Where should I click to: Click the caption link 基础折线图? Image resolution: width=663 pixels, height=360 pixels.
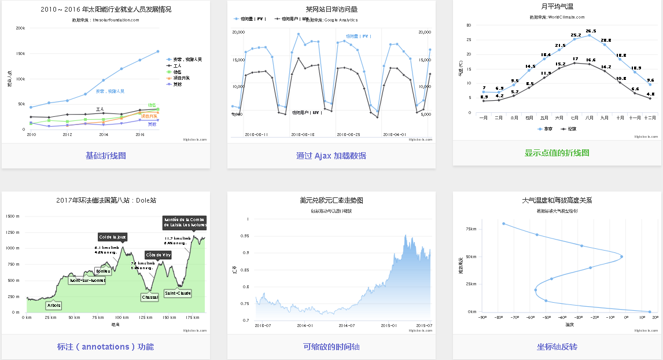click(106, 156)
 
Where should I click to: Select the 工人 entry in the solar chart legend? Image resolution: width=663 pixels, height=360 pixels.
click(178, 66)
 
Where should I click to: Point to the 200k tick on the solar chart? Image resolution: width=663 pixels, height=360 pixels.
click(20, 28)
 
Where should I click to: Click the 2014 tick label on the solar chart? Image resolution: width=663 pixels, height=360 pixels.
click(104, 134)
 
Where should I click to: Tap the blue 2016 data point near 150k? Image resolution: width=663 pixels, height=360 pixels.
click(139, 60)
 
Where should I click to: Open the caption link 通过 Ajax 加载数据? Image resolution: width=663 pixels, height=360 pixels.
click(331, 156)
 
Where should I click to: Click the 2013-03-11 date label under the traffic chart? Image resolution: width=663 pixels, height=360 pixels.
click(256, 134)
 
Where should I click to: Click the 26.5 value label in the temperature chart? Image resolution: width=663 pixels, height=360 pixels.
click(591, 31)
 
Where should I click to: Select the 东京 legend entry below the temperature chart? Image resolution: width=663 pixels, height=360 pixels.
click(545, 129)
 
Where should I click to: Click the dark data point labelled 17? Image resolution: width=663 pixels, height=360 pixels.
click(575, 63)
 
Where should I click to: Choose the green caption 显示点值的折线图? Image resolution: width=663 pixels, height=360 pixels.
click(557, 153)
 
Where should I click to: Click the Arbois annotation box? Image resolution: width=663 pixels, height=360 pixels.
click(53, 306)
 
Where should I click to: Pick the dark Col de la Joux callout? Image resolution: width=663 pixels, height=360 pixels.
click(112, 237)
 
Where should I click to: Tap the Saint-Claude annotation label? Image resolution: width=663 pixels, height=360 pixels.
click(178, 293)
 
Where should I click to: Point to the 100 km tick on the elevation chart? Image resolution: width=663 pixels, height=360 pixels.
click(121, 317)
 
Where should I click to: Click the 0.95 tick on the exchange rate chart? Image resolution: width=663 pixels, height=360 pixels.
click(245, 236)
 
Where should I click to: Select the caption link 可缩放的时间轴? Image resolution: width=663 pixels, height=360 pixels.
click(331, 347)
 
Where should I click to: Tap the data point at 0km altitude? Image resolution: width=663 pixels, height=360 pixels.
click(650, 311)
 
